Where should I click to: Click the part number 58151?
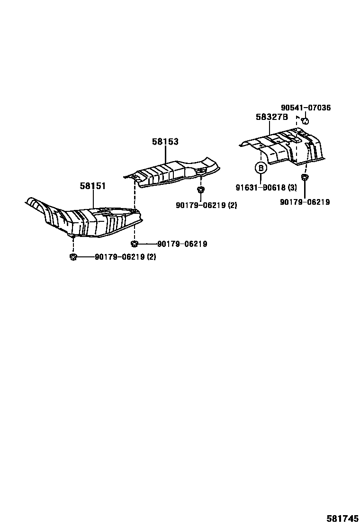pos(93,185)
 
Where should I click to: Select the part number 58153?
pos(165,142)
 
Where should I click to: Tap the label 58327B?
pos(272,117)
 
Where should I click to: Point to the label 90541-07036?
pos(306,108)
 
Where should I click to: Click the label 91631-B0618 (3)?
pos(266,188)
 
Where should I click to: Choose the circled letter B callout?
pos(261,168)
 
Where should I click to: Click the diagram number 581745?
pos(342,518)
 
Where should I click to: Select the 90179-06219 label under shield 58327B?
pos(305,202)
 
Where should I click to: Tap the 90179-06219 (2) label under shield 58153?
pos(207,205)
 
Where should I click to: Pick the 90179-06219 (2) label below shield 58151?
pos(126,257)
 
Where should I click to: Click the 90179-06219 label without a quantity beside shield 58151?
pos(182,244)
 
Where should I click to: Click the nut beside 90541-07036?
pos(305,121)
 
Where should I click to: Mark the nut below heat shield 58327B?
pos(305,177)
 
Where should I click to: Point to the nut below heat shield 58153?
pos(200,190)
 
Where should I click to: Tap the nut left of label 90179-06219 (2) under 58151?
pos(73,257)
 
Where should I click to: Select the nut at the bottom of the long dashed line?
pos(135,244)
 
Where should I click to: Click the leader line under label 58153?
pos(165,154)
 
